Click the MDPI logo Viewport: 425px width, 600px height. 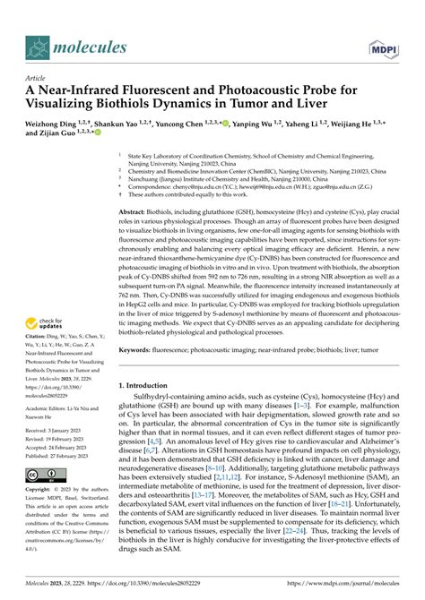click(382, 46)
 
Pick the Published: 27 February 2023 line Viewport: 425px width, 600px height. click(58, 456)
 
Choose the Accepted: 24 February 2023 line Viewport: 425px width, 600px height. click(58, 447)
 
